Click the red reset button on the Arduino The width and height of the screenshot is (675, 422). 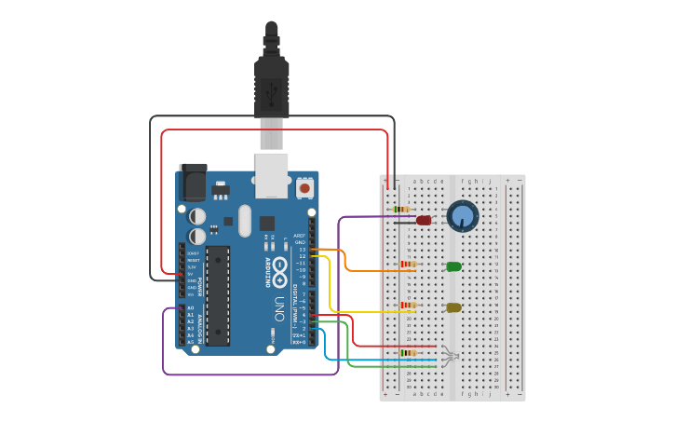[304, 188]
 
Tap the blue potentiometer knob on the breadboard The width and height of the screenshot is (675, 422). [463, 216]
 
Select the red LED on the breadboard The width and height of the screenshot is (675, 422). [424, 221]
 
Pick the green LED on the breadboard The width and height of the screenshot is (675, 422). [453, 266]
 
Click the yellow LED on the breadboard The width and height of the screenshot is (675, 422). [453, 307]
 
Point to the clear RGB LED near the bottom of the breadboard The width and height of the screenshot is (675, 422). [450, 354]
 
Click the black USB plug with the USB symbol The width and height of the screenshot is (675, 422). [272, 89]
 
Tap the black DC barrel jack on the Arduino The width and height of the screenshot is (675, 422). [193, 183]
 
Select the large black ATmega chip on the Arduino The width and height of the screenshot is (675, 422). [218, 295]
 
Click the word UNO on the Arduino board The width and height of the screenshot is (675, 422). [278, 308]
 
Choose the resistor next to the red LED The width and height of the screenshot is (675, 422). [402, 210]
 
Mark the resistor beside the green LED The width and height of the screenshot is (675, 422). [408, 265]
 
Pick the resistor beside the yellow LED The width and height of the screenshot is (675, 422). [408, 305]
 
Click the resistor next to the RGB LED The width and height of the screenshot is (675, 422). [408, 353]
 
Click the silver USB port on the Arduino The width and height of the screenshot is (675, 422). [272, 175]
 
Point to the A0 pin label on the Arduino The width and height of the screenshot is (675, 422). [191, 308]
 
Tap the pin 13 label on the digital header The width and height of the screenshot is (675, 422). [302, 250]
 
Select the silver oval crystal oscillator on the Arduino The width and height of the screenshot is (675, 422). [245, 221]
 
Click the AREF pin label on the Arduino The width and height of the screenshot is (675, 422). [300, 236]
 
